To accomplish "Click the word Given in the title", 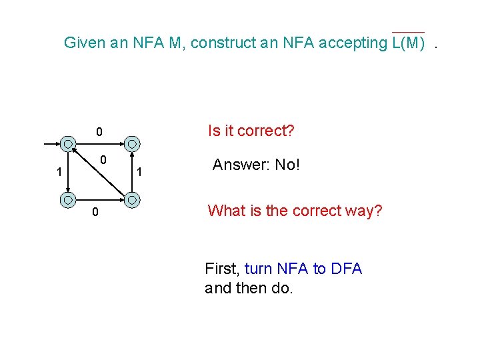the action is (84, 43).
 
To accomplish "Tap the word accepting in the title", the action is (351, 43).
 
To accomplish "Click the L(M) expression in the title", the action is (407, 43).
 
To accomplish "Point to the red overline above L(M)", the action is (408, 32).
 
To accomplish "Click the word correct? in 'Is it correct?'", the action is (264, 131).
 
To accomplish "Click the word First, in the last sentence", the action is (223, 269).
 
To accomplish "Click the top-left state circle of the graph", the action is (69, 143).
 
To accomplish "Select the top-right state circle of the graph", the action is (133, 143).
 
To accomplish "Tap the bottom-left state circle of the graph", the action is (69, 199).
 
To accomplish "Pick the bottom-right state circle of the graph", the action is (133, 199).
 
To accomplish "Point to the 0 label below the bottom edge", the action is (95, 213).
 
